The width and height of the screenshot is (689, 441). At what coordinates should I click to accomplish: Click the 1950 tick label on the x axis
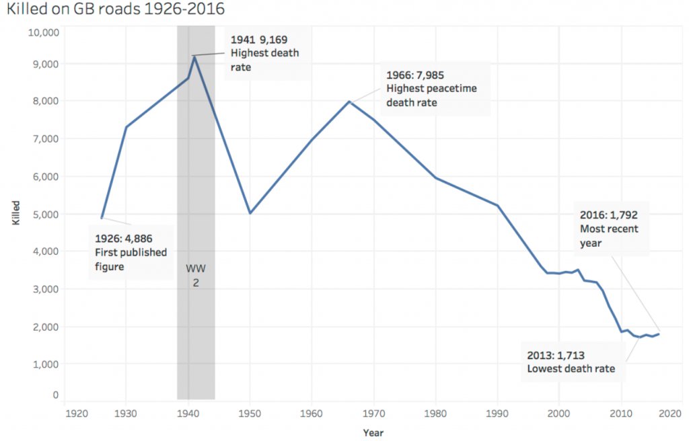250,414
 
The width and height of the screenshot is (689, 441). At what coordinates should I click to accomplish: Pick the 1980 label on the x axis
435,414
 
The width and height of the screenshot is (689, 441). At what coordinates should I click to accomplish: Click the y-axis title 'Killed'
15,214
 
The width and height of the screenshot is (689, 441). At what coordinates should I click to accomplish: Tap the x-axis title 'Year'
373,432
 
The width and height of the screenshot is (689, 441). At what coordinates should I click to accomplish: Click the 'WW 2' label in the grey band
196,276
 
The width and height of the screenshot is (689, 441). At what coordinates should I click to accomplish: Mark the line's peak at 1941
194,56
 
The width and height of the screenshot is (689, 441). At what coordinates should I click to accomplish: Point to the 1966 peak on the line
349,102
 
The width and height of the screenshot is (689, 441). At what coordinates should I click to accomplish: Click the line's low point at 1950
250,213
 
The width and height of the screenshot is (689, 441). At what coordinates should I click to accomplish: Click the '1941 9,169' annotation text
259,40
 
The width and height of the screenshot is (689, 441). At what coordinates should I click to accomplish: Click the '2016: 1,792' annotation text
608,215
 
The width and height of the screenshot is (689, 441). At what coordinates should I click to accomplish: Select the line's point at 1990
497,205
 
